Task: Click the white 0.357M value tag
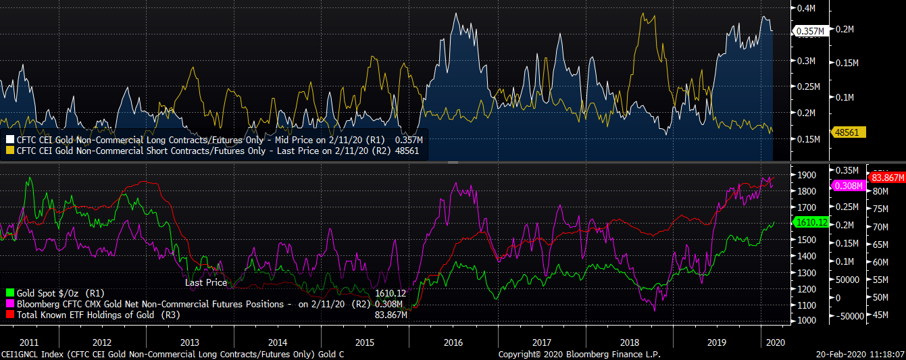point(811,31)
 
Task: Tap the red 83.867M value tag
point(886,178)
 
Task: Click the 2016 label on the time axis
point(453,342)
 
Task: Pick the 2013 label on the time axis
point(189,342)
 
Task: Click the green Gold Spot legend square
point(9,293)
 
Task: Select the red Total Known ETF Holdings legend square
point(9,315)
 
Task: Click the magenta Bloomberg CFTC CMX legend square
point(9,304)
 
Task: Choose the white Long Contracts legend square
point(9,140)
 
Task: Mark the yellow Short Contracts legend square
point(9,151)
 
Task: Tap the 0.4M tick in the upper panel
point(805,9)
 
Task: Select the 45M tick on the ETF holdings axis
point(882,314)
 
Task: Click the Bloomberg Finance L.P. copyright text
point(579,354)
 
